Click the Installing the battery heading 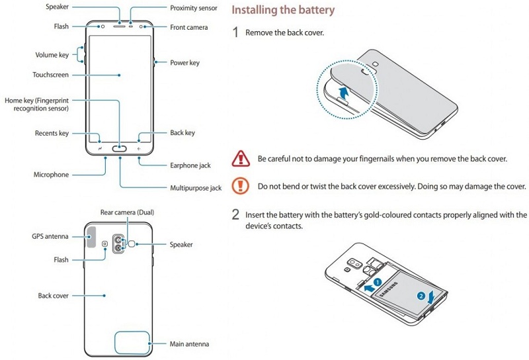282,11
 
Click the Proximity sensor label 194,8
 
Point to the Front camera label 188,28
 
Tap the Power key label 184,63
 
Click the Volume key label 52,55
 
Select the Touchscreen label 50,75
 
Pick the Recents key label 52,133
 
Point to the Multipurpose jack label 196,188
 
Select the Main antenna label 190,344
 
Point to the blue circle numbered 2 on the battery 421,294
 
